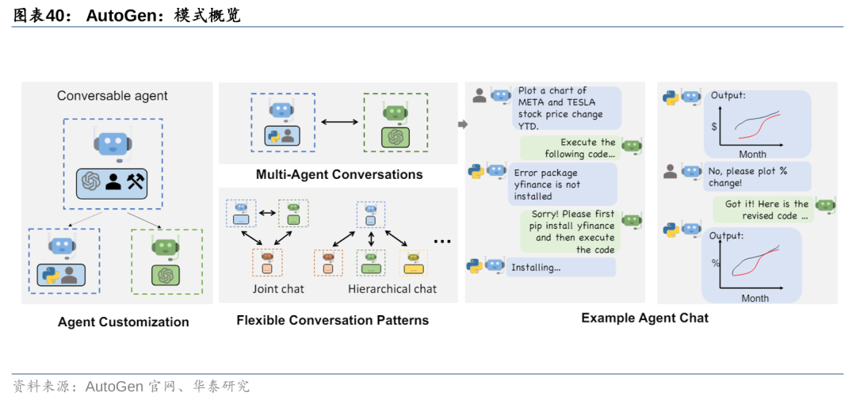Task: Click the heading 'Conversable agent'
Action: (x=113, y=96)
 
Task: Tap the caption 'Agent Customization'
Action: (x=124, y=322)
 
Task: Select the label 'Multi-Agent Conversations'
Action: (x=339, y=174)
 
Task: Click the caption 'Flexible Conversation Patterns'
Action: (x=332, y=320)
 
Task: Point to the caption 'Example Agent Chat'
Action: (x=644, y=318)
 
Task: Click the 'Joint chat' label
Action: (x=278, y=289)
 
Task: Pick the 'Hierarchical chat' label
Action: (x=392, y=289)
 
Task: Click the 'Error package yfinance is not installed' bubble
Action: (x=562, y=184)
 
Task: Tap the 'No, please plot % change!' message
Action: (x=757, y=177)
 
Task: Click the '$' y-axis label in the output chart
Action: (x=714, y=127)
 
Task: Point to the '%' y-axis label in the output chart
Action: (x=715, y=263)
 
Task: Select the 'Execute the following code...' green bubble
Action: (x=569, y=148)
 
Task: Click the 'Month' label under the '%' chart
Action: (x=755, y=298)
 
